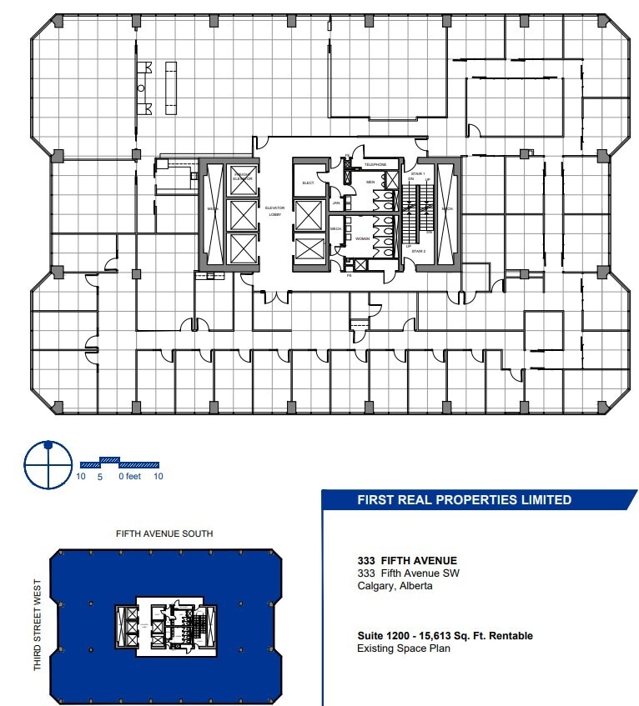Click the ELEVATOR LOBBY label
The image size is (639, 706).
(274, 213)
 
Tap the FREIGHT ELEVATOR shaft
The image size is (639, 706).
(242, 177)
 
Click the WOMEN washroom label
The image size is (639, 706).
(363, 238)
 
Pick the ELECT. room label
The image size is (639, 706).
(307, 182)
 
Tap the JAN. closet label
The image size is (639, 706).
(336, 202)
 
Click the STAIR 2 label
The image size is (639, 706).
(418, 250)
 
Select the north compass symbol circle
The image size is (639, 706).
(48, 464)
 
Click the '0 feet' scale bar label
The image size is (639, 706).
(128, 477)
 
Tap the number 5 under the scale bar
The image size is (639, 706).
(100, 477)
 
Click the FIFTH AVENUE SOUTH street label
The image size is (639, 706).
(164, 533)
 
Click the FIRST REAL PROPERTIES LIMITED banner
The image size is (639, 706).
(464, 500)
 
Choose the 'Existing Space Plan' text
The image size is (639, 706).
(404, 648)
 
